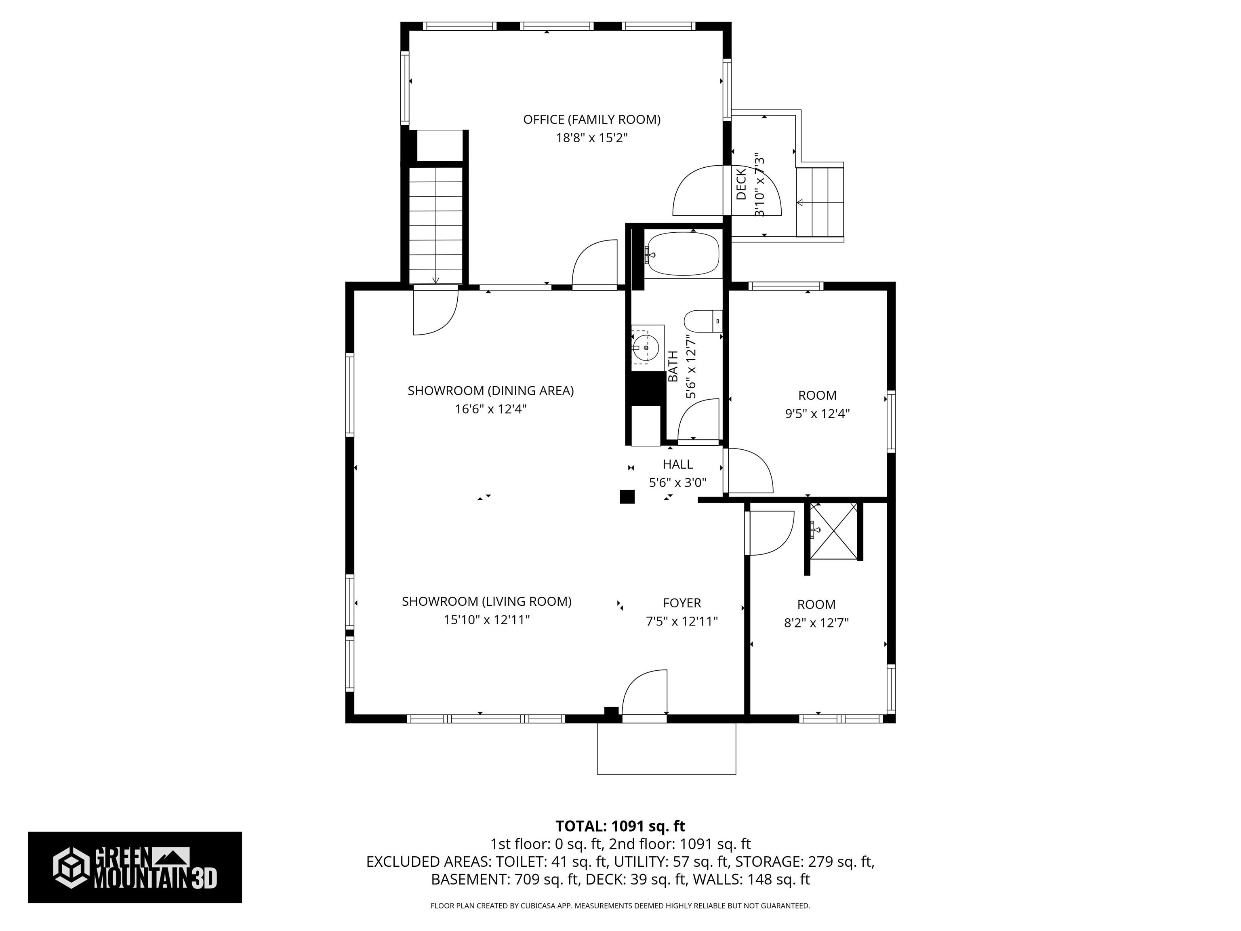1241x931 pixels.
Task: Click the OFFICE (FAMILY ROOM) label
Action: point(591,120)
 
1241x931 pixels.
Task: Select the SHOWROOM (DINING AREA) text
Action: point(490,391)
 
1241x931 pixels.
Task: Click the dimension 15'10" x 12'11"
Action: point(486,619)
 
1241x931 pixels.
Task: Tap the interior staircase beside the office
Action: point(435,225)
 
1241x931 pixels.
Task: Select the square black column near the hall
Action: point(627,497)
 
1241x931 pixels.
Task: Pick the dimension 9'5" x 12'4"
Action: point(817,414)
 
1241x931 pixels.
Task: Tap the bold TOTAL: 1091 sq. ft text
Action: point(620,826)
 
